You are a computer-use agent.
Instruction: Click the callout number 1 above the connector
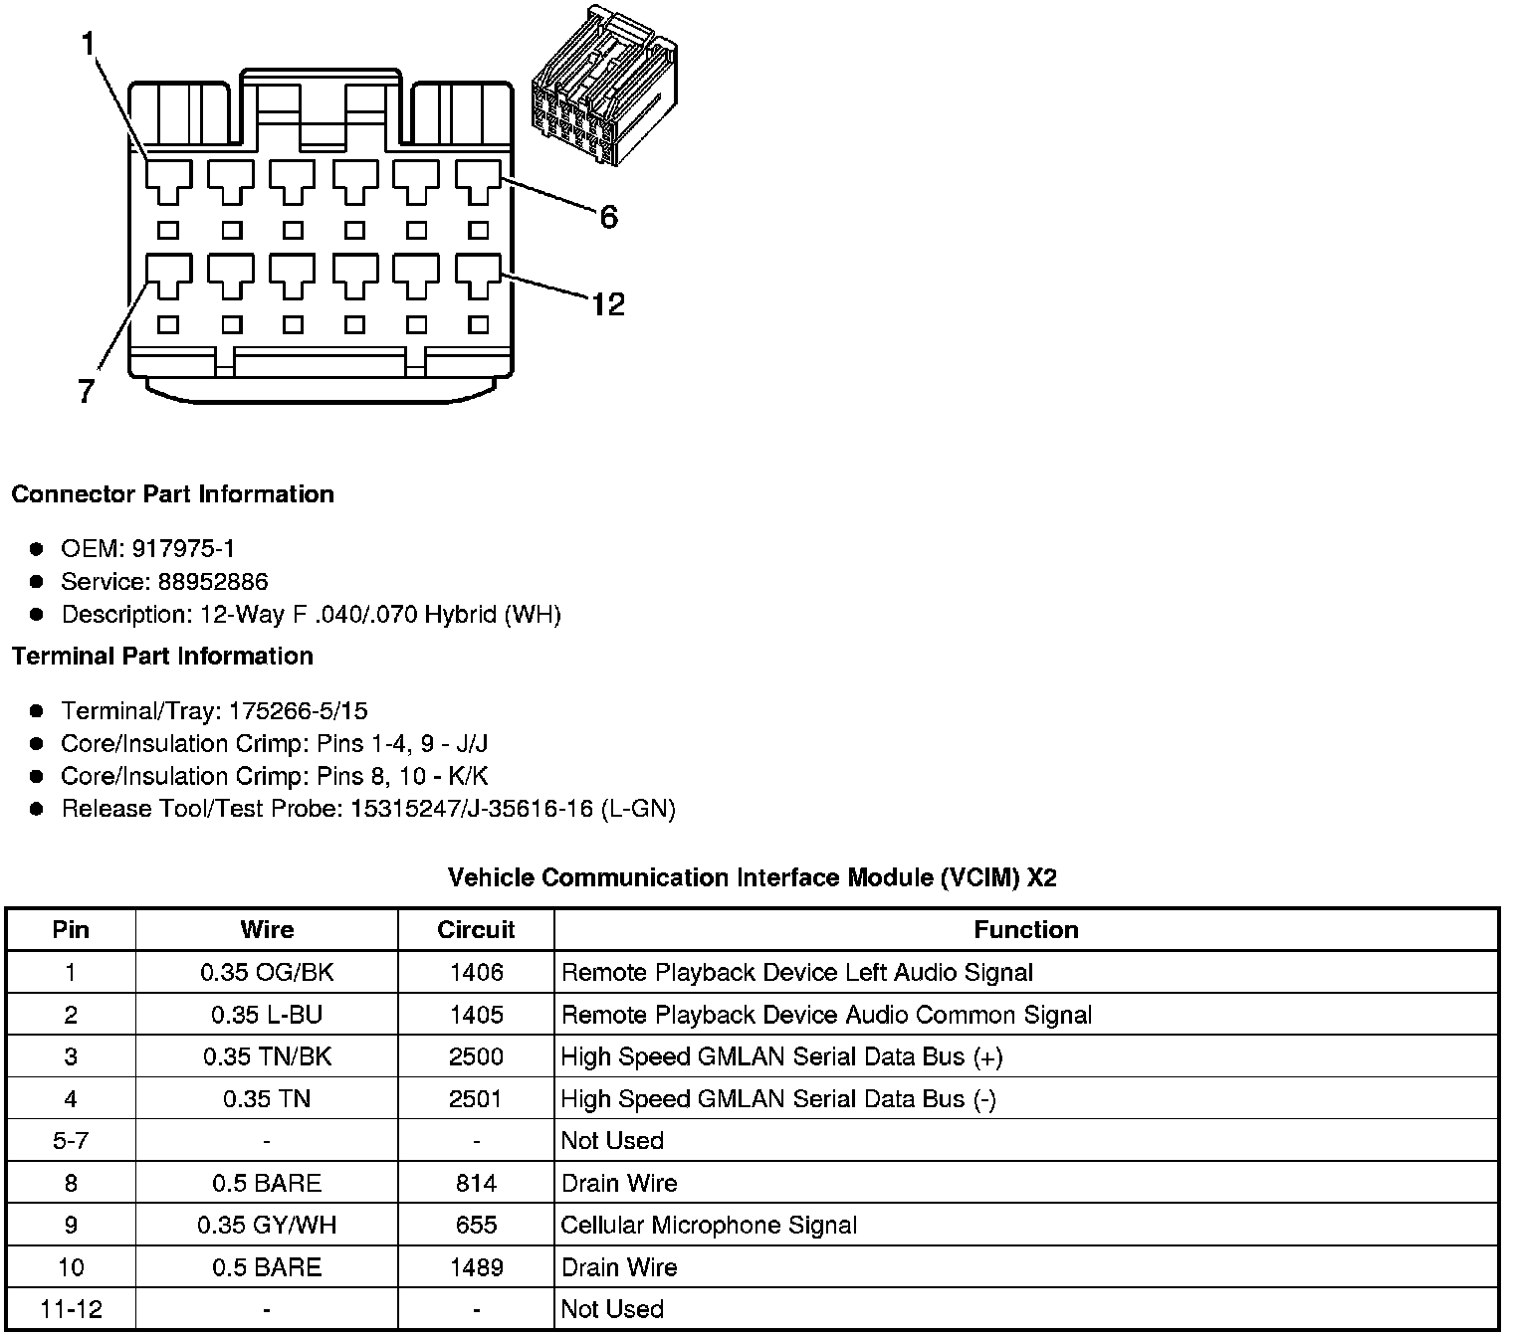pyautogui.click(x=89, y=44)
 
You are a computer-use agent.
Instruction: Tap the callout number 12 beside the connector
pyautogui.click(x=607, y=303)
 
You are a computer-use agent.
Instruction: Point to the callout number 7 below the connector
pyautogui.click(x=87, y=391)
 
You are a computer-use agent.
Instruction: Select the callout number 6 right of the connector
pyautogui.click(x=608, y=216)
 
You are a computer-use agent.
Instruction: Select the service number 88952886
pyautogui.click(x=212, y=581)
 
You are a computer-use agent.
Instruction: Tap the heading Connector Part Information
pyautogui.click(x=172, y=494)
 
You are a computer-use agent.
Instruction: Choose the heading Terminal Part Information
pyautogui.click(x=162, y=656)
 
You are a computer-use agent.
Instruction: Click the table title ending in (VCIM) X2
pyautogui.click(x=752, y=877)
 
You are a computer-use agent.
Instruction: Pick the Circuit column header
pyautogui.click(x=476, y=930)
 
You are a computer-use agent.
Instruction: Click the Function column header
pyautogui.click(x=1025, y=930)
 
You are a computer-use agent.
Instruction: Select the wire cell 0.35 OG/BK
pyautogui.click(x=267, y=973)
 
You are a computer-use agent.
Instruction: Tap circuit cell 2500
pyautogui.click(x=476, y=1056)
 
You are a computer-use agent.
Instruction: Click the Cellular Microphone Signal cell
pyautogui.click(x=708, y=1225)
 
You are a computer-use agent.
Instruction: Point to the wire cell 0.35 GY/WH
pyautogui.click(x=267, y=1225)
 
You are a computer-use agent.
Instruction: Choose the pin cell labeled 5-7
pyautogui.click(x=71, y=1141)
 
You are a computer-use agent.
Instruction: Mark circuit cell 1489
pyautogui.click(x=476, y=1267)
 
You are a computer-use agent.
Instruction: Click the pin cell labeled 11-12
pyautogui.click(x=71, y=1309)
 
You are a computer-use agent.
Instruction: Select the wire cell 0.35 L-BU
pyautogui.click(x=267, y=1015)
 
